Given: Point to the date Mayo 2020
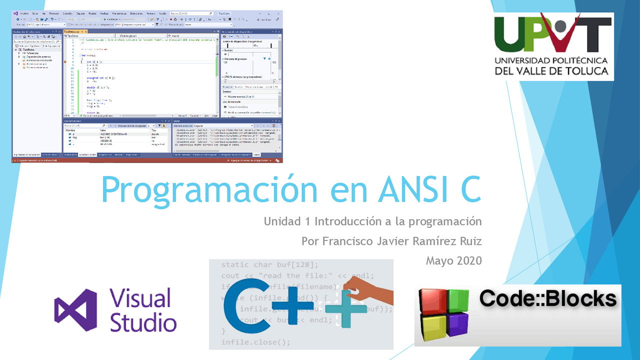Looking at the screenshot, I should tap(453, 260).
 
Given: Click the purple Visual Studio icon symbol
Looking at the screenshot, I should tap(75, 310).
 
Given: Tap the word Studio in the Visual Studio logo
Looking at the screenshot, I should tap(143, 322).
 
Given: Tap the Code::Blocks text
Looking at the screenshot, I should tap(547, 298).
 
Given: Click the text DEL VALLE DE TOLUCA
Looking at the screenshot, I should tap(551, 70).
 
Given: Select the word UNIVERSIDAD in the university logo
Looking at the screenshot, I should tap(525, 60).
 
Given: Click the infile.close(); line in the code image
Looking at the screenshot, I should tap(255, 342).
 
